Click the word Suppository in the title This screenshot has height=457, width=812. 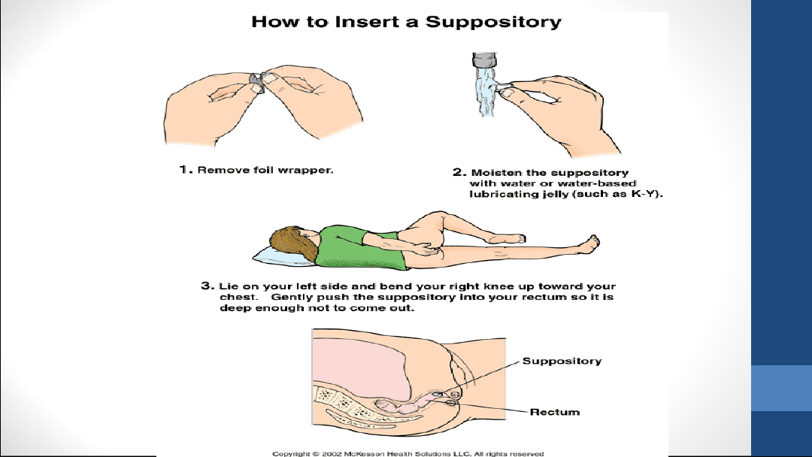point(493,22)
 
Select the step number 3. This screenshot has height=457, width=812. point(205,286)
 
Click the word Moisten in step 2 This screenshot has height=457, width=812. point(495,173)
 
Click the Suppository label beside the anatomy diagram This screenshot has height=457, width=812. point(562,362)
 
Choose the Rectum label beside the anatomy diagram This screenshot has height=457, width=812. point(555,412)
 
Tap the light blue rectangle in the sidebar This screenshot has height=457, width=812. point(781,388)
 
